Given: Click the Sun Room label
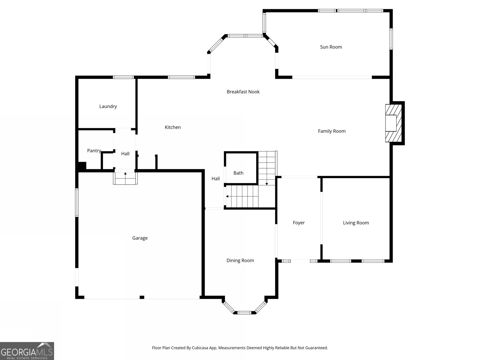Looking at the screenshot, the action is (331, 47).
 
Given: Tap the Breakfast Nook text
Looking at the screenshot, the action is (243, 92).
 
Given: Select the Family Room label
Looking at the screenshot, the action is (331, 131).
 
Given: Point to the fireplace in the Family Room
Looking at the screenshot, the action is (393, 123).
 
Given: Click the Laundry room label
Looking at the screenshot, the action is (108, 106).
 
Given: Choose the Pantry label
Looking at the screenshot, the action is (94, 151).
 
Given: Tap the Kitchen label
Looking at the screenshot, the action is (172, 127).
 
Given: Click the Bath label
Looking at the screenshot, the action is (238, 173).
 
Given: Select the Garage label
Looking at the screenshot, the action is (140, 238).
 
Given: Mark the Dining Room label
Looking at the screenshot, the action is (240, 260).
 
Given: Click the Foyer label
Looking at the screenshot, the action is (299, 223).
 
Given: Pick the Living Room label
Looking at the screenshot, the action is (356, 223).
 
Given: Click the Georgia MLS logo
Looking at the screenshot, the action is (27, 351).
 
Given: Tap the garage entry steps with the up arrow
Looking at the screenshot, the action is (125, 178).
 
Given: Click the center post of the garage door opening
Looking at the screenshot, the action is (142, 297).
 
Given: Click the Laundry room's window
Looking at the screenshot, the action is (123, 77).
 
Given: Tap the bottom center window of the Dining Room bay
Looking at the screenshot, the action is (244, 313).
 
